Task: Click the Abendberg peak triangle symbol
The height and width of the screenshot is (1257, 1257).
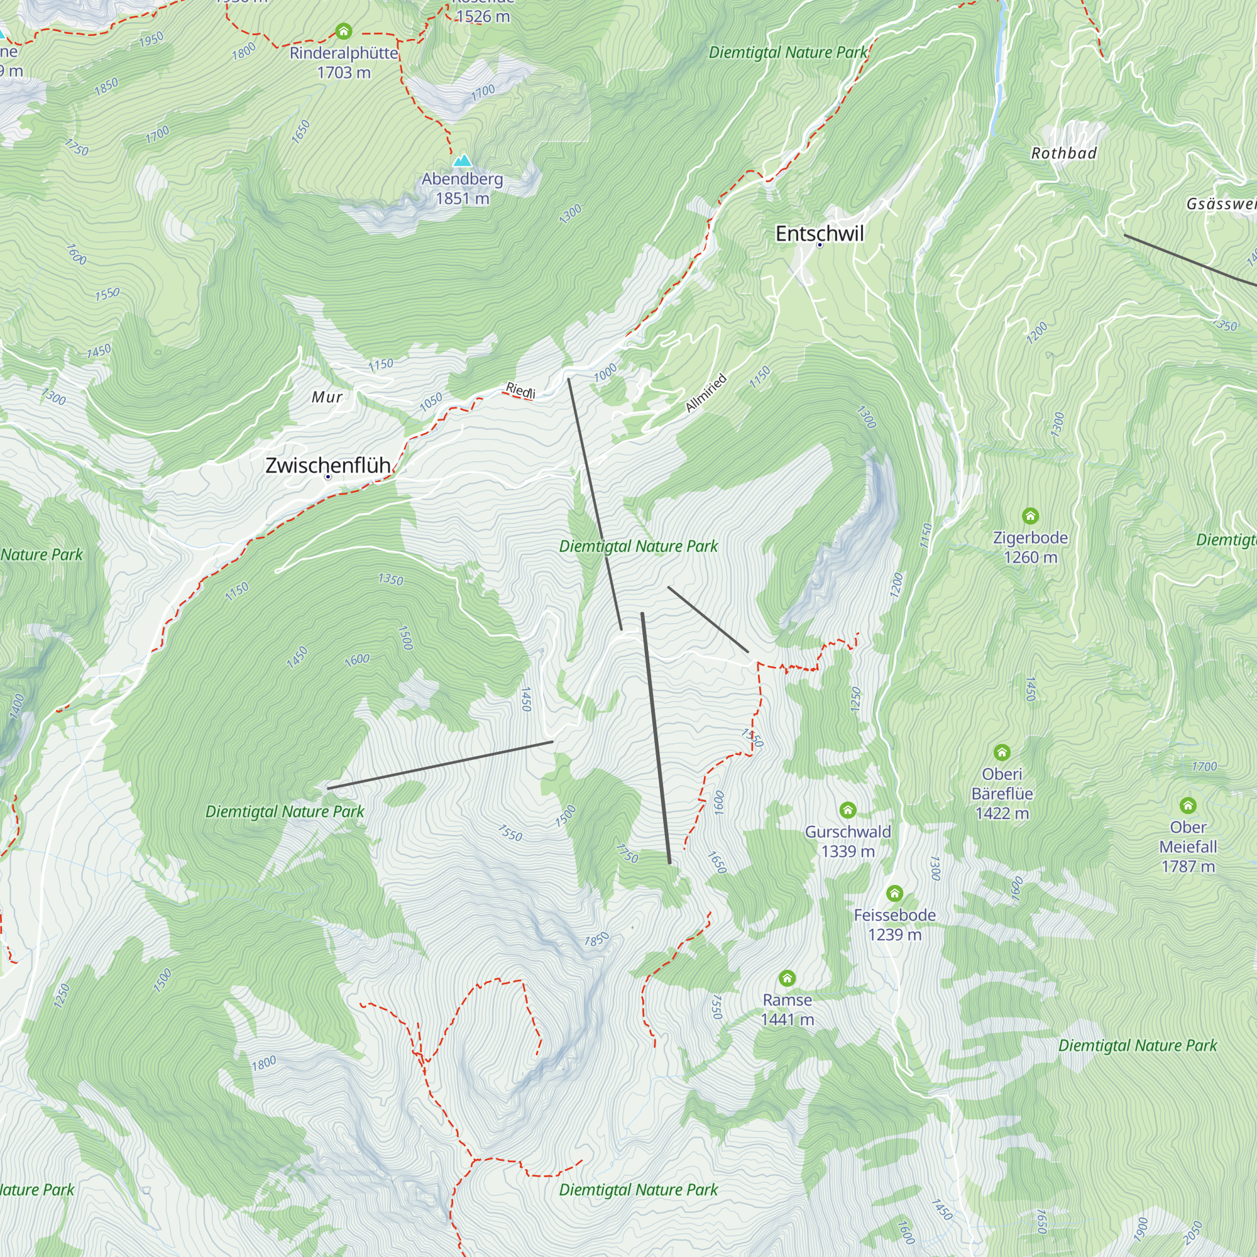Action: (463, 160)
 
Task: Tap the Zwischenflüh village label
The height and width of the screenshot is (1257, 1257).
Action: (328, 465)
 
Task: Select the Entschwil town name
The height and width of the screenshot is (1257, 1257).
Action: (819, 234)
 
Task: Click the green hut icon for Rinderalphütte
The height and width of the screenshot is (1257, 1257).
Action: (344, 31)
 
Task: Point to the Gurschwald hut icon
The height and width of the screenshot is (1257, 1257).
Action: (847, 810)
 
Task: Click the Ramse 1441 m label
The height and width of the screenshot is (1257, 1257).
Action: (788, 1009)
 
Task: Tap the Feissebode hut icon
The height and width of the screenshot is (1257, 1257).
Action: (894, 892)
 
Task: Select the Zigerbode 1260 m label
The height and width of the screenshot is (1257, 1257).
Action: (1030, 547)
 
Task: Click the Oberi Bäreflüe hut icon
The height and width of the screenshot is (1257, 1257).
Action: (1002, 753)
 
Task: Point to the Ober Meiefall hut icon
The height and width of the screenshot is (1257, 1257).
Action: (1188, 806)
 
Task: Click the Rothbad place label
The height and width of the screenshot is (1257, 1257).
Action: (1064, 153)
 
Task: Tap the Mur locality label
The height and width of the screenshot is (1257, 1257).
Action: (327, 397)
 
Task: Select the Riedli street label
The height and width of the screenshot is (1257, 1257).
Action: (520, 391)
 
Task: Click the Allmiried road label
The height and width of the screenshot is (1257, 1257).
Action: (706, 393)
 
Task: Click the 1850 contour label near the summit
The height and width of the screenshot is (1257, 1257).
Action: (596, 940)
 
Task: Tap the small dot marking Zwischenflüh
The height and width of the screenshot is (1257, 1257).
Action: (328, 477)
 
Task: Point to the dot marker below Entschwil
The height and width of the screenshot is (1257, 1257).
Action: (820, 245)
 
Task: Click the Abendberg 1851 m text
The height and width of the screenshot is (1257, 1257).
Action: (462, 189)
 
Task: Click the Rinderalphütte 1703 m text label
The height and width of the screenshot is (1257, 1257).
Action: (344, 62)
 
